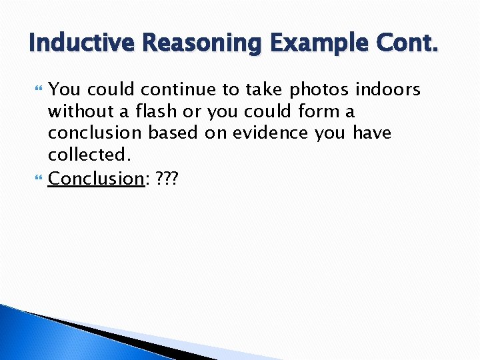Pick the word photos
click(319, 89)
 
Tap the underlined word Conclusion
click(95, 178)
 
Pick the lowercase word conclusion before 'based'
click(95, 133)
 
